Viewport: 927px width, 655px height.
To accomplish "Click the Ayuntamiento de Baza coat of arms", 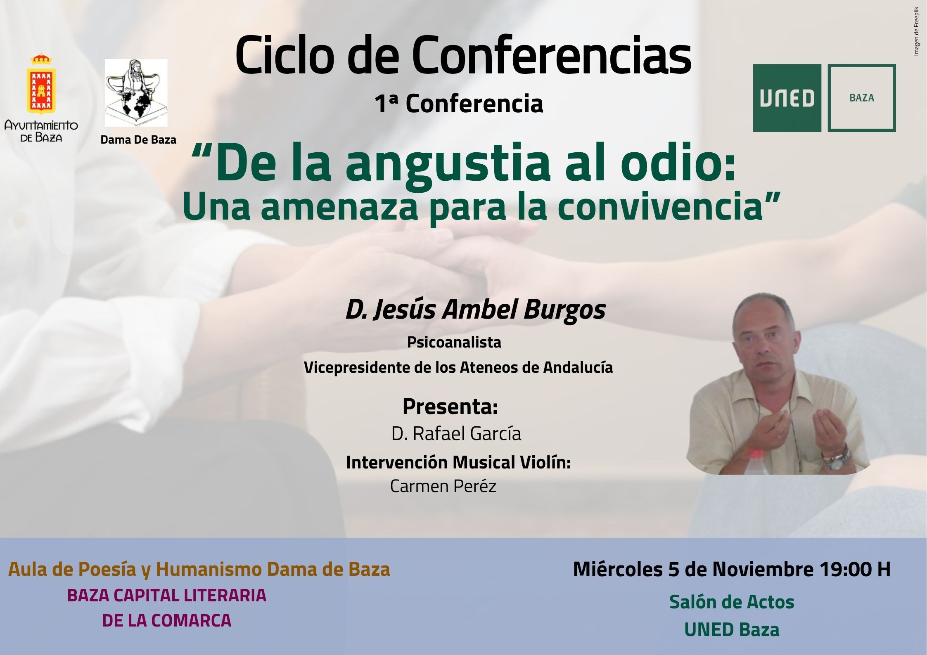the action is (41, 84).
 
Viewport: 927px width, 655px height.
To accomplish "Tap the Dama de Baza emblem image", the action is (136, 93).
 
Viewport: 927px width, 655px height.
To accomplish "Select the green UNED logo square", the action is (787, 98).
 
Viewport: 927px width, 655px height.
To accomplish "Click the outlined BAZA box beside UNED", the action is (862, 98).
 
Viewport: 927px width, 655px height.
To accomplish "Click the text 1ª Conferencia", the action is (459, 104).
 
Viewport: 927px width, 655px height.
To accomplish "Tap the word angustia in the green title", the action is (448, 164).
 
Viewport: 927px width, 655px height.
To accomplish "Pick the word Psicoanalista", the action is (454, 342).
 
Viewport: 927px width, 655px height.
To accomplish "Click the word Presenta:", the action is (450, 407).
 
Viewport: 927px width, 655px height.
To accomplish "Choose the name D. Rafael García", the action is (456, 434).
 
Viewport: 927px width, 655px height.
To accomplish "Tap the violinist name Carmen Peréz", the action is (443, 486).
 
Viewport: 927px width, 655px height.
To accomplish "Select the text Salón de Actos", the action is (732, 602).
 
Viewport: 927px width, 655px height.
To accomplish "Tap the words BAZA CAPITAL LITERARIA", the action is (167, 596).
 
